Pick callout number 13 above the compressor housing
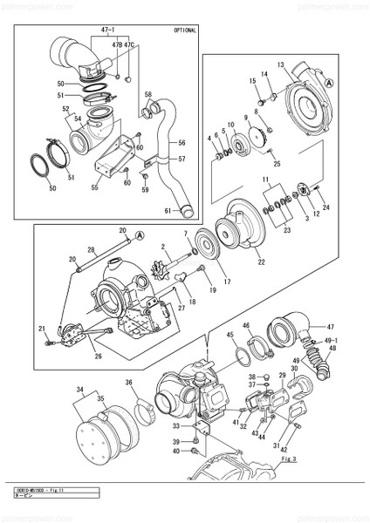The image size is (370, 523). [x=282, y=65]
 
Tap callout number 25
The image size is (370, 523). [x=277, y=163]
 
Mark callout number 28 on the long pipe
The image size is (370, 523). [x=91, y=249]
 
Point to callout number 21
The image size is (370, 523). [x=41, y=328]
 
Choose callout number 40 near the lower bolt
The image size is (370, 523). [x=175, y=451]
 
